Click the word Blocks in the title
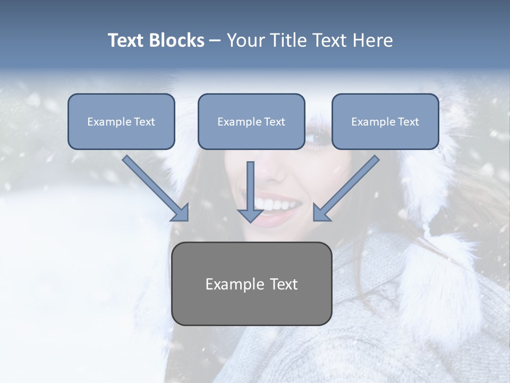click(x=177, y=40)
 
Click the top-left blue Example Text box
click(x=121, y=122)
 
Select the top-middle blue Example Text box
click(x=251, y=122)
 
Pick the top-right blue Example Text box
click(x=385, y=122)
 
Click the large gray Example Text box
click(x=251, y=284)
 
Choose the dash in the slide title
click(x=215, y=40)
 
